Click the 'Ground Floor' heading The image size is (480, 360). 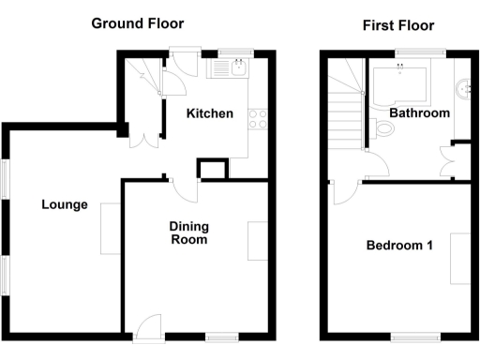[x=137, y=23]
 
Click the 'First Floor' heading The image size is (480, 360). [x=398, y=25]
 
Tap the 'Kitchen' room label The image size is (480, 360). [x=209, y=113]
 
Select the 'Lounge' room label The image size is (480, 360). [x=64, y=204]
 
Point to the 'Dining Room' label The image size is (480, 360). [x=187, y=232]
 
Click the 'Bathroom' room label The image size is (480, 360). [x=419, y=112]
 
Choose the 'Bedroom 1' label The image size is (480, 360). [x=398, y=246]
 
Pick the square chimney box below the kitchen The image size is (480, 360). [x=211, y=169]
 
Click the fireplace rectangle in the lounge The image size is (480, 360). [x=108, y=227]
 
